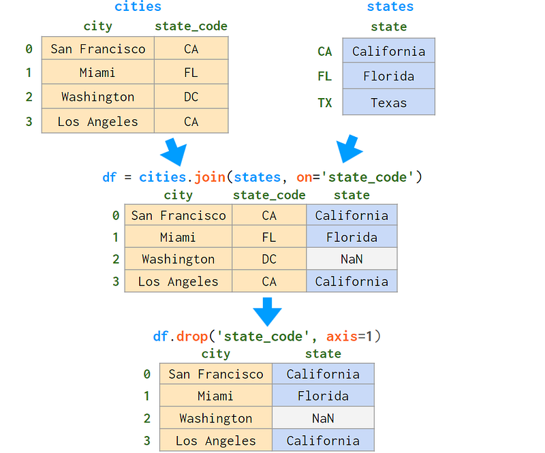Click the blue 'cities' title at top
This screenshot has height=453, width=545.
pos(138,6)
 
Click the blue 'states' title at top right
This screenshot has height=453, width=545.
pos(390,6)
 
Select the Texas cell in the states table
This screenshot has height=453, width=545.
pos(388,103)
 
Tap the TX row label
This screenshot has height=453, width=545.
pos(325,103)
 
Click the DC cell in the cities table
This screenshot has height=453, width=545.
pos(191,97)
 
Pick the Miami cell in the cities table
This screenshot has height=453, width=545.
pos(97,72)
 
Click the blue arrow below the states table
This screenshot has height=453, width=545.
pos(349,149)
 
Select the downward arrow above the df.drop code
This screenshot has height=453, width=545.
pos(267,311)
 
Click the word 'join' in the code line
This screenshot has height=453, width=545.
pos(210,177)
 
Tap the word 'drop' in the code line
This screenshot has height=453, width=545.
pos(192,337)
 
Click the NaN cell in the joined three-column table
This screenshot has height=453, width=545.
pos(352,259)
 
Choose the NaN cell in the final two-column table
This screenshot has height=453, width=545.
pos(323,418)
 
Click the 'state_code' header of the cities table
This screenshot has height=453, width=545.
pos(191,26)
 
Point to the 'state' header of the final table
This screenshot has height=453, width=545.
pos(323,354)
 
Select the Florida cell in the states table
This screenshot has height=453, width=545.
pos(388,76)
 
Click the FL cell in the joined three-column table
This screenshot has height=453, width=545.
pos(269,237)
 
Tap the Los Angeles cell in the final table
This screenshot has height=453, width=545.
pos(216,441)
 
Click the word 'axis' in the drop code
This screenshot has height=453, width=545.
pos(342,337)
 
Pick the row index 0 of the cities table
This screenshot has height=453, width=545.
pos(29,49)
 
